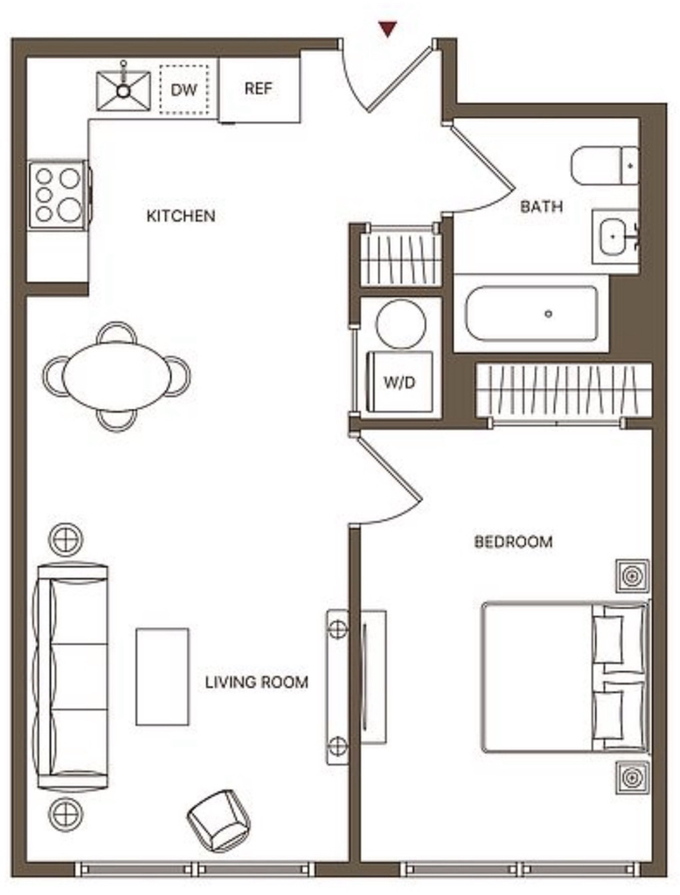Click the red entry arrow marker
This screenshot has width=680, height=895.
[x=388, y=29]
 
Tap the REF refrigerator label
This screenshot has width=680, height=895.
[x=258, y=88]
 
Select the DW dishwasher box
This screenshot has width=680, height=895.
[x=184, y=90]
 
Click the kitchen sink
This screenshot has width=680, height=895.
[x=123, y=90]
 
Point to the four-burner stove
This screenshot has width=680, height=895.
[x=59, y=195]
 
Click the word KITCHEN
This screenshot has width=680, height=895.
[x=181, y=217]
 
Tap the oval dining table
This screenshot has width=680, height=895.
[x=116, y=376]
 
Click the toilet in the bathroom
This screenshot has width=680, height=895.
[x=605, y=165]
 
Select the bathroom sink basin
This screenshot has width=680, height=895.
[x=614, y=236]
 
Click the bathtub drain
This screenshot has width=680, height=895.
[x=549, y=314]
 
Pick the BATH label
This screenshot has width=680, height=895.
[x=541, y=206]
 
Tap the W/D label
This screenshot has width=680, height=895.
[x=399, y=382]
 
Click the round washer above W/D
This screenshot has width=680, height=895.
[x=400, y=323]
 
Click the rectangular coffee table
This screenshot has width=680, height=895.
[x=163, y=676]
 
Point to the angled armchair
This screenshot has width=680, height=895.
[x=219, y=821]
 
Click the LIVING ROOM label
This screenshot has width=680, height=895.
[x=256, y=682]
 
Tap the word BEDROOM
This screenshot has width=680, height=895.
[x=513, y=541]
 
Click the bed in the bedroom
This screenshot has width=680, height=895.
[x=566, y=676]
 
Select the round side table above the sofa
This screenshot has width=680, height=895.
[x=66, y=539]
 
